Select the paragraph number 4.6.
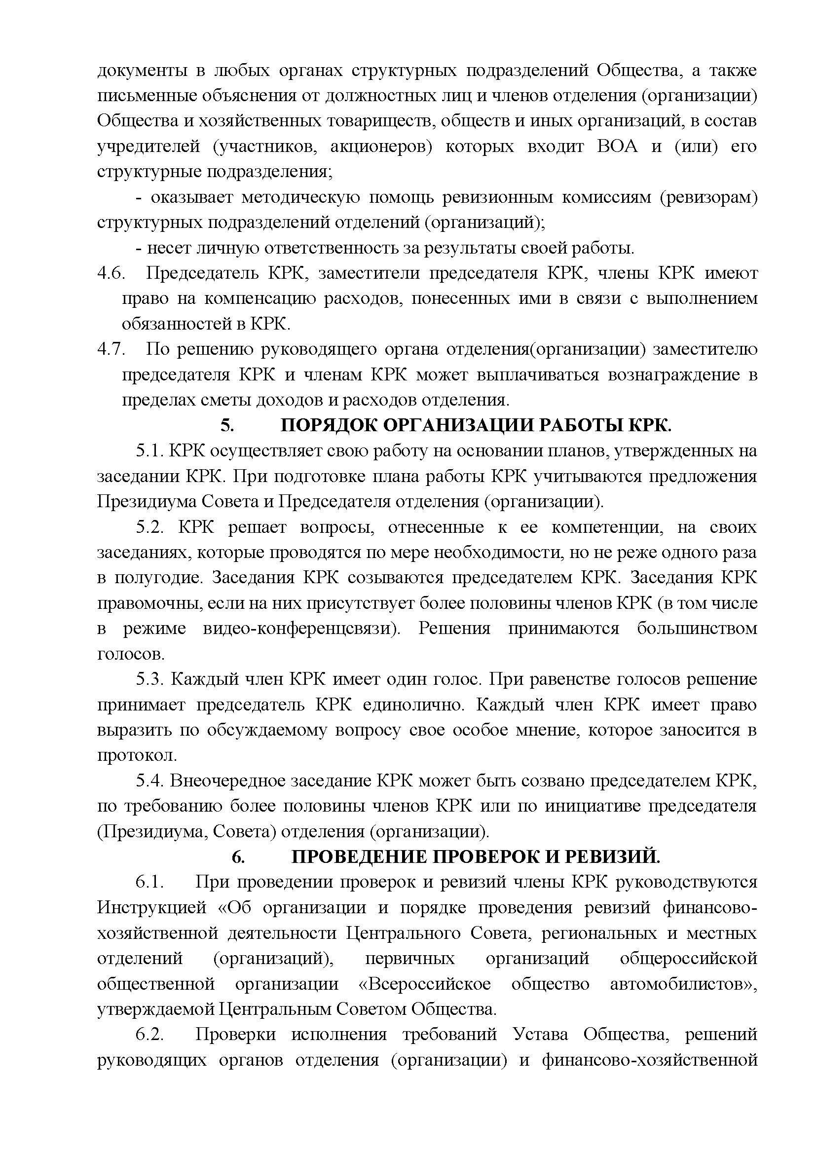[x=110, y=274]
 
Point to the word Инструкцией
[x=152, y=908]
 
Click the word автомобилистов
[x=682, y=984]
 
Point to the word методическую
[x=300, y=198]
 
